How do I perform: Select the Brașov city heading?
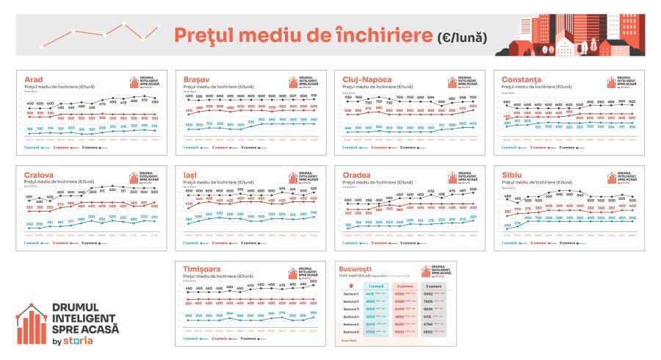pyautogui.click(x=197, y=79)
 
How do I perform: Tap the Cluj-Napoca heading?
pyautogui.click(x=366, y=79)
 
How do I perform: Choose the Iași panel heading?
pyautogui.click(x=190, y=176)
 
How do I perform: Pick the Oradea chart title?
pyautogui.click(x=358, y=176)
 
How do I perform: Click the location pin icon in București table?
pyautogui.click(x=350, y=285)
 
